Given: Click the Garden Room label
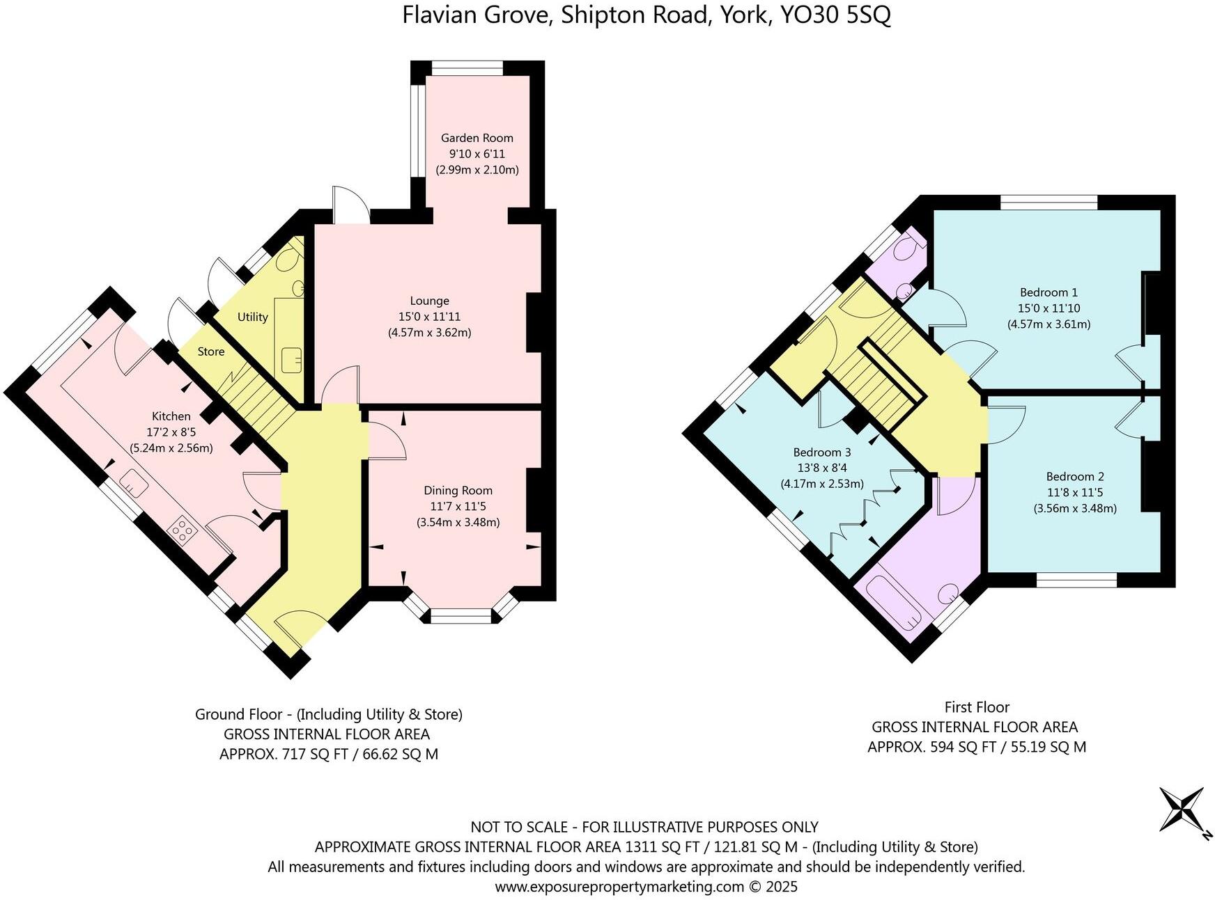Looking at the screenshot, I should point(477,138).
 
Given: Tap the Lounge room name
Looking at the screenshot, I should point(429,301).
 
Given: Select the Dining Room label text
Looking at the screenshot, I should point(458,491).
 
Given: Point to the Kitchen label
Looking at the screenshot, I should point(171,416).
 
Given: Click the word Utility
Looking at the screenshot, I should point(252,317).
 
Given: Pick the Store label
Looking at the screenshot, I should point(210,352).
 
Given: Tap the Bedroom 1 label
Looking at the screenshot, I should point(1048,292).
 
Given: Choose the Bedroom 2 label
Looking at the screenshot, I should point(1075,477).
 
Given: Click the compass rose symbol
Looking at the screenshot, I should point(1182,809).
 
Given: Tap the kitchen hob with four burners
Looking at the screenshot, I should point(183,530).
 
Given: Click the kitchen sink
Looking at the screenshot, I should point(133,482).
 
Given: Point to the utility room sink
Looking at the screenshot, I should point(291,359).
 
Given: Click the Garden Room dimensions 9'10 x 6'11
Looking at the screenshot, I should point(477,154).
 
